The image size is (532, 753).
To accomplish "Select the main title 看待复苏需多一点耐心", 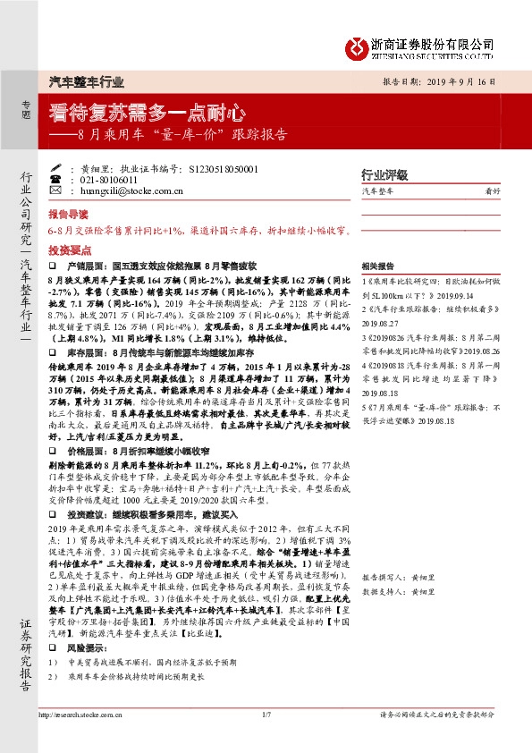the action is point(147,114).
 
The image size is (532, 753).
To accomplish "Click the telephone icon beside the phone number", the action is point(73,179).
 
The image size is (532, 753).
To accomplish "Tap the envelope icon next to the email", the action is point(73,190).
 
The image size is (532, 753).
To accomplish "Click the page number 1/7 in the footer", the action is point(266,739).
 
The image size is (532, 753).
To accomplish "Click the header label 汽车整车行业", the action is point(87,80).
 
